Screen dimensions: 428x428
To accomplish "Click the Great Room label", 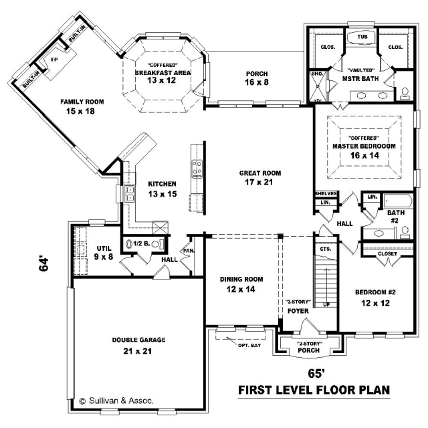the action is pos(260,173).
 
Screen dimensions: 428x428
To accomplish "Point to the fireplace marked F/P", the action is pos(57,63).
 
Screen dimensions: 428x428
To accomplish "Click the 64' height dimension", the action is pos(43,263).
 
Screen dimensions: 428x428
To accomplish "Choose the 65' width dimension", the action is pos(316,373).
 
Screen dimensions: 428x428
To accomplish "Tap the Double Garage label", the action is pos(138,340).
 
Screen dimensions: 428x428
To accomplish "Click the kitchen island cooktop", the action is pos(197,169).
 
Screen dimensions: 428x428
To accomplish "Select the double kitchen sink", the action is pos(130,193).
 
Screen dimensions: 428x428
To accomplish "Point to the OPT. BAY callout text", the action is pos(249,345).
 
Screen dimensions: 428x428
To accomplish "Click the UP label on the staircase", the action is pos(326,304).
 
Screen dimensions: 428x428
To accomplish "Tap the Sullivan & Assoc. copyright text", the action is pos(116,401).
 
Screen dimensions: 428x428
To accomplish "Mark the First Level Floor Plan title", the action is pos(314,390).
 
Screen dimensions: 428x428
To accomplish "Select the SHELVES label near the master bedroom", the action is pos(326,193).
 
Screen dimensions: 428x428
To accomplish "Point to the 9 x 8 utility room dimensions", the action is pos(104,257).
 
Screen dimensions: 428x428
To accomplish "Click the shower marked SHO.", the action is pos(317,86).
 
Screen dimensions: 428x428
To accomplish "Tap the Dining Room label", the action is pos(241,280).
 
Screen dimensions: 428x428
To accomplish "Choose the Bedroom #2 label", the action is pos(375,292).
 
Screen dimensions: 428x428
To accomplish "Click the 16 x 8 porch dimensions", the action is pos(257,82).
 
